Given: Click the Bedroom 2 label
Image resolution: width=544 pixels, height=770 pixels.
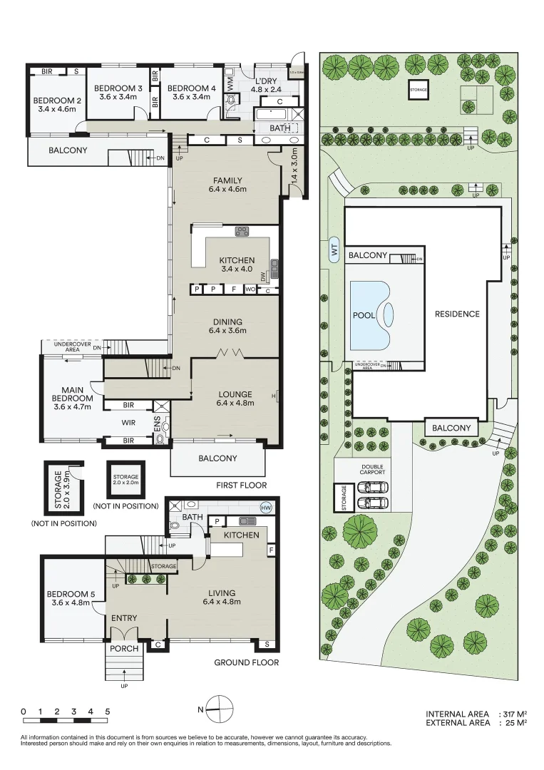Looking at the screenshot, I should (58, 101).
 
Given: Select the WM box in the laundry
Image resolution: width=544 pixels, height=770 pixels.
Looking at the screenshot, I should (230, 83).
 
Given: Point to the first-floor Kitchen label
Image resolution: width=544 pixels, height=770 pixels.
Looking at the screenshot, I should (237, 261).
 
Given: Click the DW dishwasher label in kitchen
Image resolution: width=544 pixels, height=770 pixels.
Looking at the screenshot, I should (263, 274).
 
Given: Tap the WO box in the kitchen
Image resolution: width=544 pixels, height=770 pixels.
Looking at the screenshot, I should (250, 289).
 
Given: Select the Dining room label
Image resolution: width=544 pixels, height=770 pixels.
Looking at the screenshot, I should (227, 322).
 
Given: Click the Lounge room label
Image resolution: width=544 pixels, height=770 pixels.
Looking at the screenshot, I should (235, 394).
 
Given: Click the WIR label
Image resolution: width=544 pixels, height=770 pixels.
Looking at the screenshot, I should (128, 423).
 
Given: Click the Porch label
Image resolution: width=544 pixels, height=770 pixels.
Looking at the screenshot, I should (125, 649).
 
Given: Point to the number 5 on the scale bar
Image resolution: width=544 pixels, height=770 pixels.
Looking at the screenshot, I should (108, 711).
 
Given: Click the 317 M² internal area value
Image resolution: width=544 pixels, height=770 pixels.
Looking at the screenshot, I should (513, 714).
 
